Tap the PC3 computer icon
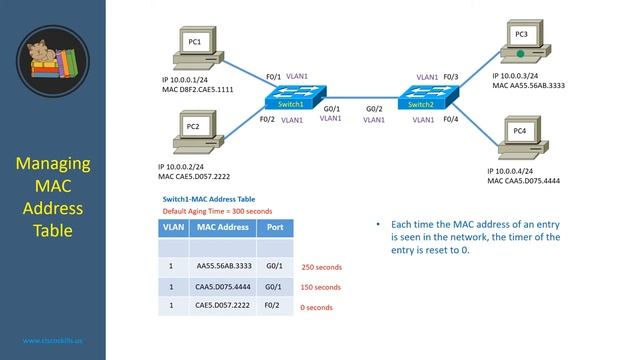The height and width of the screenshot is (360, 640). [521, 42]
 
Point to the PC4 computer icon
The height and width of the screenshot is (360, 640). [520, 138]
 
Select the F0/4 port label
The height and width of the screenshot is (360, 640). [450, 120]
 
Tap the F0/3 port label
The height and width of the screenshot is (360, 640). [450, 76]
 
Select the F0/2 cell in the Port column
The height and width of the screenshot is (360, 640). [273, 307]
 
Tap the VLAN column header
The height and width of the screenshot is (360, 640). [172, 227]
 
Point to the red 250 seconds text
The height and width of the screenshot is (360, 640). [322, 267]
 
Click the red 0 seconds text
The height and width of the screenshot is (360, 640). [316, 307]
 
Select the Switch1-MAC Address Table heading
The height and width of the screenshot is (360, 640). [209, 199]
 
